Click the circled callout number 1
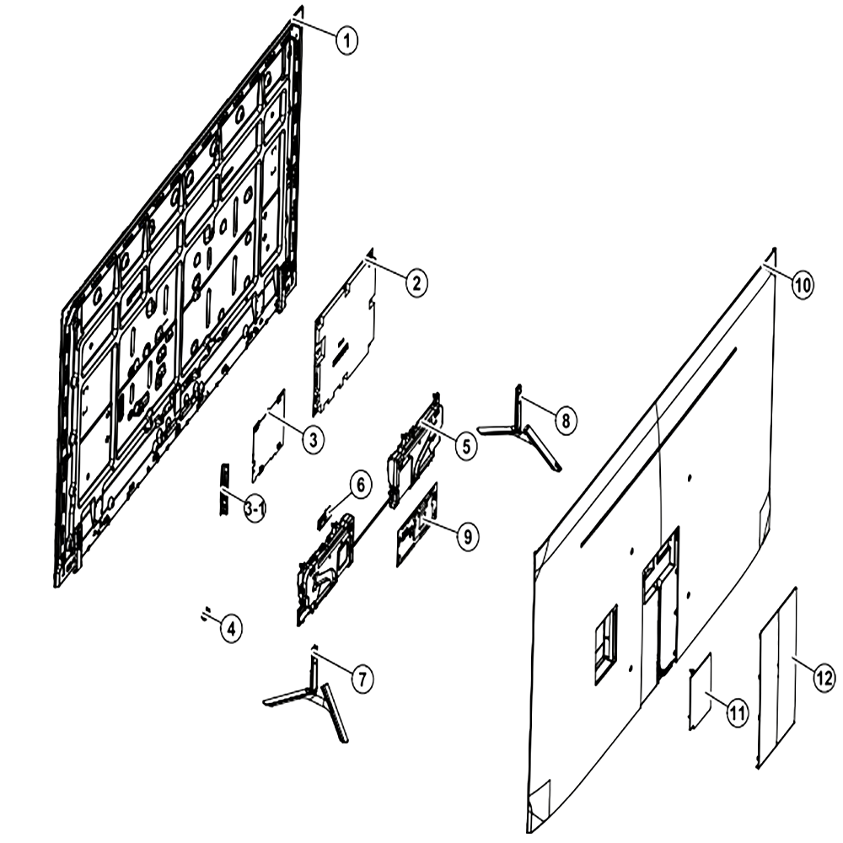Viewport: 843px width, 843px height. pos(346,40)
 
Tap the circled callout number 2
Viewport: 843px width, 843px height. pos(416,283)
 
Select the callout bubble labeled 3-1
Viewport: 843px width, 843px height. pos(255,508)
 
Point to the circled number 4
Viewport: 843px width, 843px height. pos(231,629)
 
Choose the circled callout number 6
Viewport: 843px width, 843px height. pos(361,485)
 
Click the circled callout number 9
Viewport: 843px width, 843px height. pos(467,536)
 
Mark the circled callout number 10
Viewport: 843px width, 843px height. pos(803,285)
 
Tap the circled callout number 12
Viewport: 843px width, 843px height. pos(824,678)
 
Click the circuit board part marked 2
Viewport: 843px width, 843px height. pos(344,339)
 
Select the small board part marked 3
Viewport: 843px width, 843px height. pos(269,436)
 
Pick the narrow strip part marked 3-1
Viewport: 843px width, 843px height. pos(224,488)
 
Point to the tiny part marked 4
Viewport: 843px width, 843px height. pos(205,614)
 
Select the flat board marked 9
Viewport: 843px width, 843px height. pos(416,524)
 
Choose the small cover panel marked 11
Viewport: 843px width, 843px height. pos(701,691)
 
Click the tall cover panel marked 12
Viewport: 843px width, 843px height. pos(777,678)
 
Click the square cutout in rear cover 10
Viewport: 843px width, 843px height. pos(606,644)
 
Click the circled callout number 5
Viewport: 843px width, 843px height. pos(465,446)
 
